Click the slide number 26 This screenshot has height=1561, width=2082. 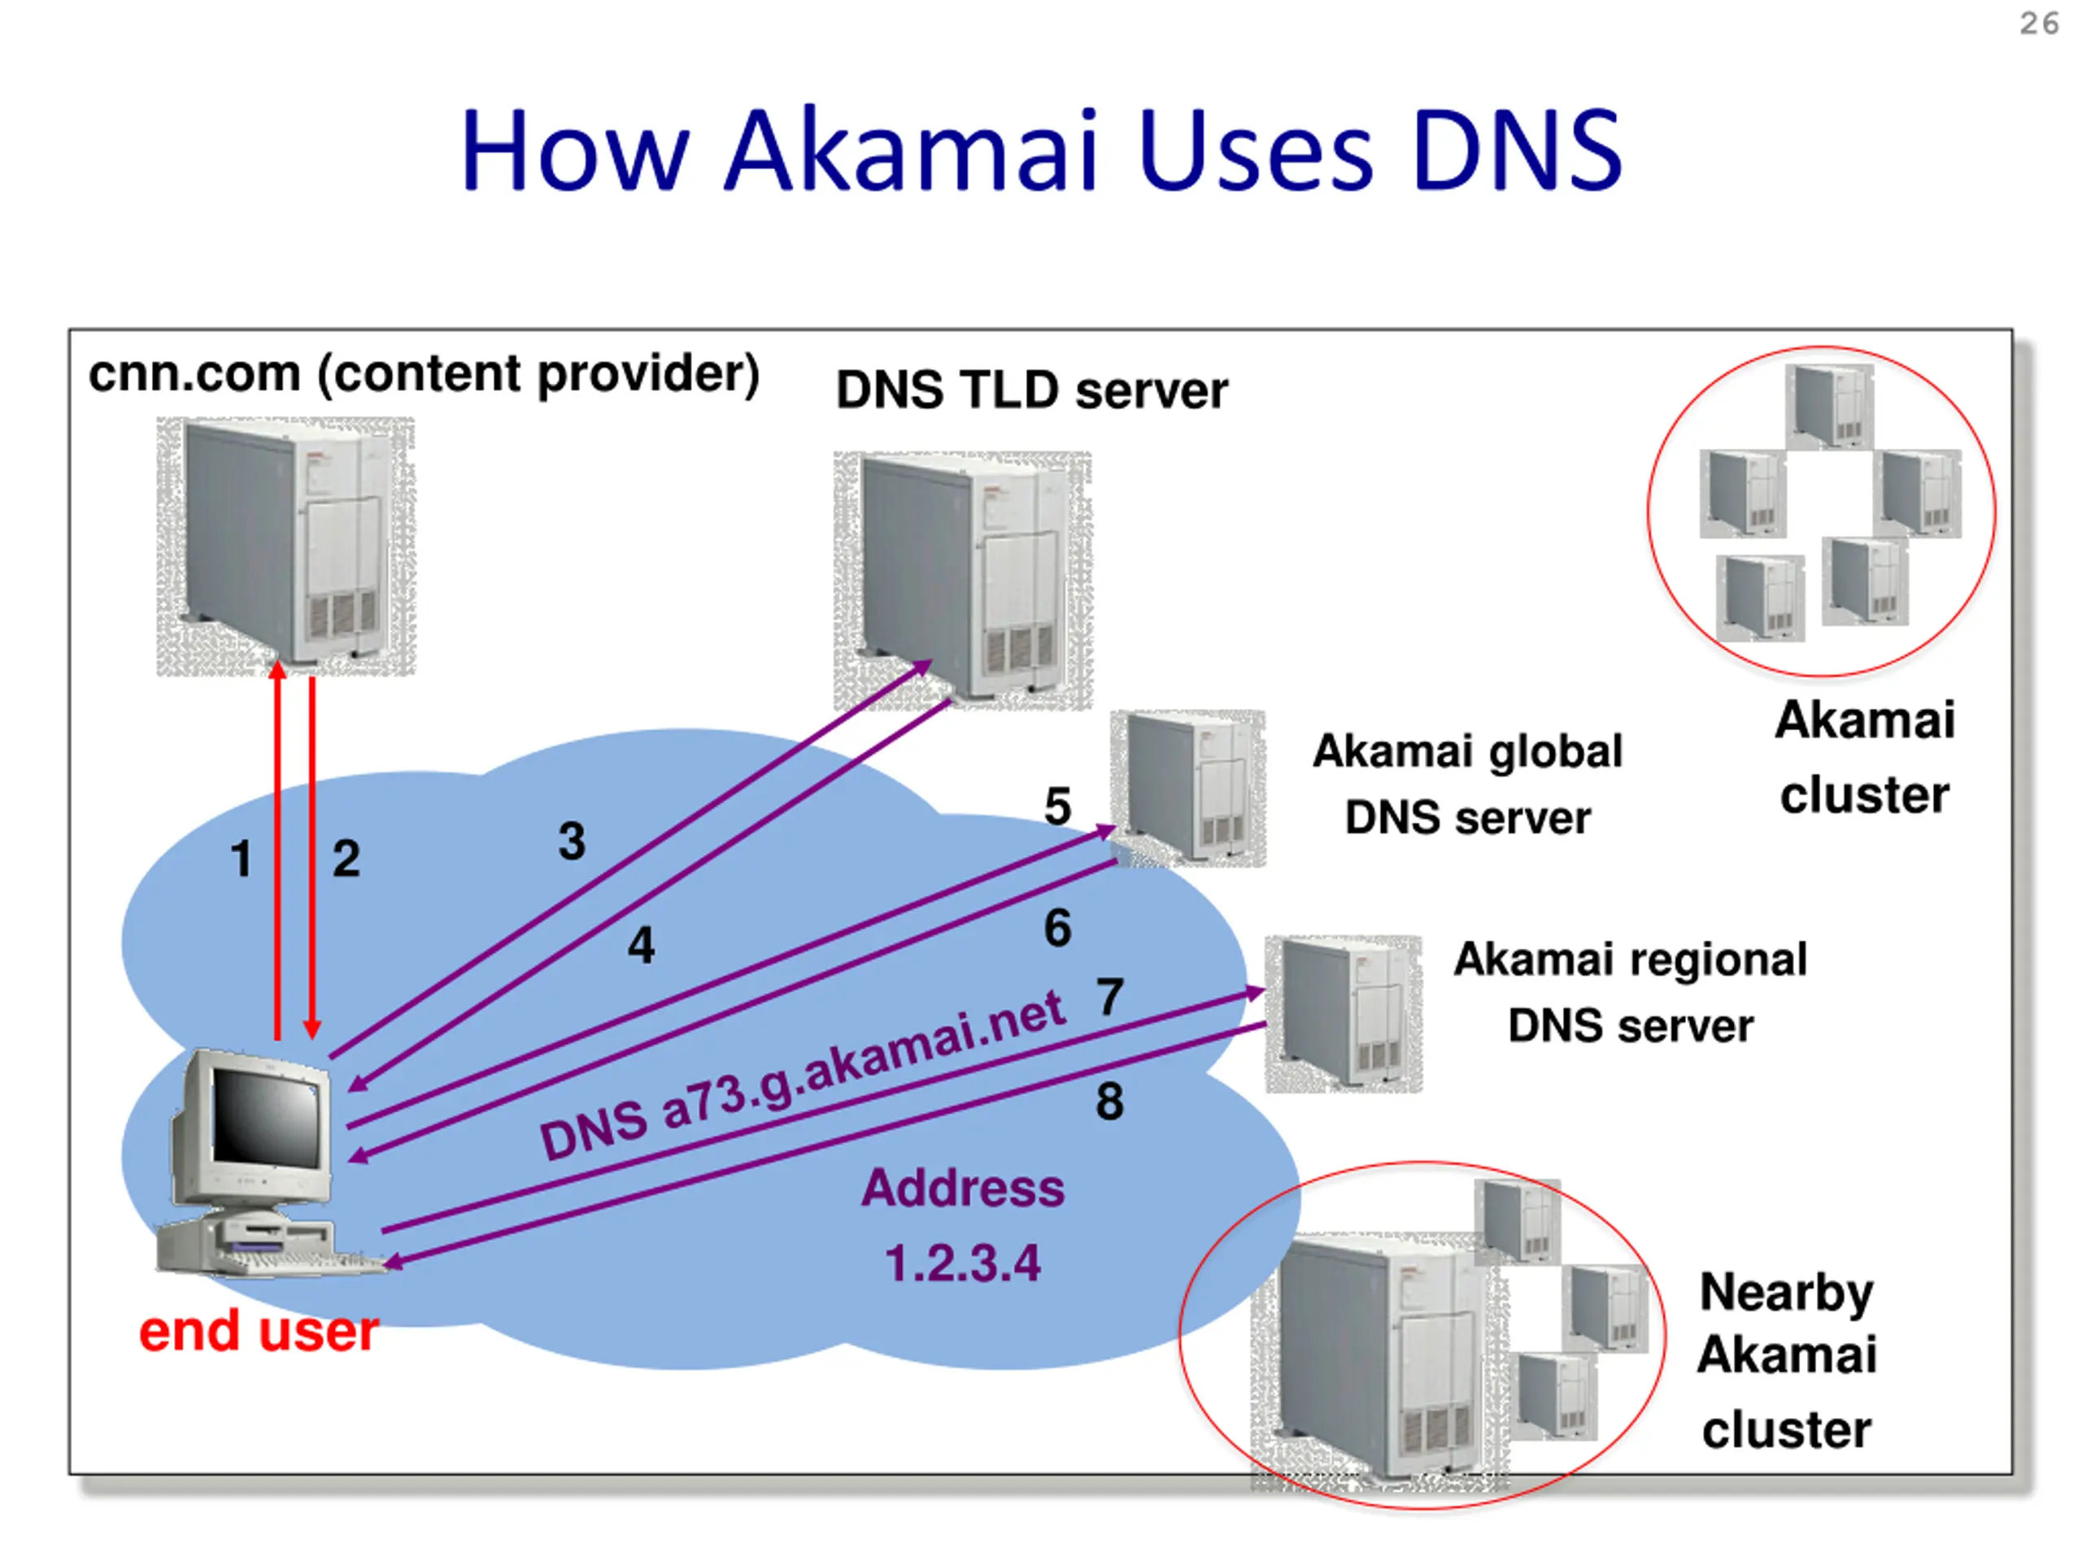[2039, 23]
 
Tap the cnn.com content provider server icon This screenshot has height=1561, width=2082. [285, 545]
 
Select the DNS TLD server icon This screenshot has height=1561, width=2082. [962, 580]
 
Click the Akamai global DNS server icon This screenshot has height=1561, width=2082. [1188, 788]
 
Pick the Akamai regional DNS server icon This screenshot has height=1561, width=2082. [1344, 1013]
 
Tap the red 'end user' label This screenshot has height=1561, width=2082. [259, 1332]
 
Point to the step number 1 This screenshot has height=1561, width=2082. [241, 859]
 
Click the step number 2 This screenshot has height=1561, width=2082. [346, 859]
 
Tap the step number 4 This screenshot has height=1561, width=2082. [641, 945]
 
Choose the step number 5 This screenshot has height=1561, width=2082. [1057, 807]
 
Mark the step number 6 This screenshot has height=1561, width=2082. [1057, 928]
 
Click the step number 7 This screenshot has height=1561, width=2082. [1109, 998]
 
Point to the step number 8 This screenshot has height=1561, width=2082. [1109, 1101]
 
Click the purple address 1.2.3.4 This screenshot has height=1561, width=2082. [963, 1263]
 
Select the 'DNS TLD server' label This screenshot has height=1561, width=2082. [1031, 390]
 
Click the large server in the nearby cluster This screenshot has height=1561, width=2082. [1379, 1359]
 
